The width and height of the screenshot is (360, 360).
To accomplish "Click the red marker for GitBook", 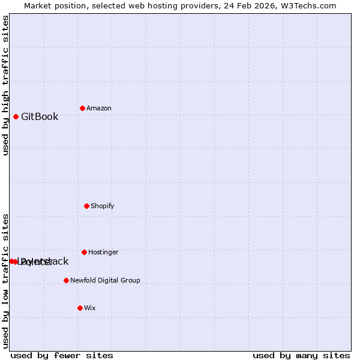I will [16, 116].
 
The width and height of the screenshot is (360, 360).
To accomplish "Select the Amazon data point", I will [82, 108].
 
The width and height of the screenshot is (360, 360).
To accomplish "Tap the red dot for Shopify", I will [86, 206].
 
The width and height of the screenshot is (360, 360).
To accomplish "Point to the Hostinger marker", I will [84, 252].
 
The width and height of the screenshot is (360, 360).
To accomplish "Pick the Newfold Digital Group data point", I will [66, 280].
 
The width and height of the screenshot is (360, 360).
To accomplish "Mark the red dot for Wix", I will [80, 308].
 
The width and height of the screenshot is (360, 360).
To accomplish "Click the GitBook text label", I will [40, 116].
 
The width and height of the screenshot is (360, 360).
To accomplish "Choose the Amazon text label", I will [99, 109].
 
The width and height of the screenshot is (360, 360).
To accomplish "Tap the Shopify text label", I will [103, 206].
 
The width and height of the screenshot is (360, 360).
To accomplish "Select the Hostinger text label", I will [104, 253].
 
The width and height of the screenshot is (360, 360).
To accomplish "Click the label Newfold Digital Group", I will [105, 281].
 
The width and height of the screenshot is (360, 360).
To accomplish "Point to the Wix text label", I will [90, 308].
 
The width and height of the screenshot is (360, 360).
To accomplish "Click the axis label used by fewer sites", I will [62, 355].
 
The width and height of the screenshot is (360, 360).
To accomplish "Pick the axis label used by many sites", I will [301, 355].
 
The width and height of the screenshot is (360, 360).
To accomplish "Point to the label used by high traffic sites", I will [6, 85].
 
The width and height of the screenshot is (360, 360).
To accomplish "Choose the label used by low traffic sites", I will [6, 281].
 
